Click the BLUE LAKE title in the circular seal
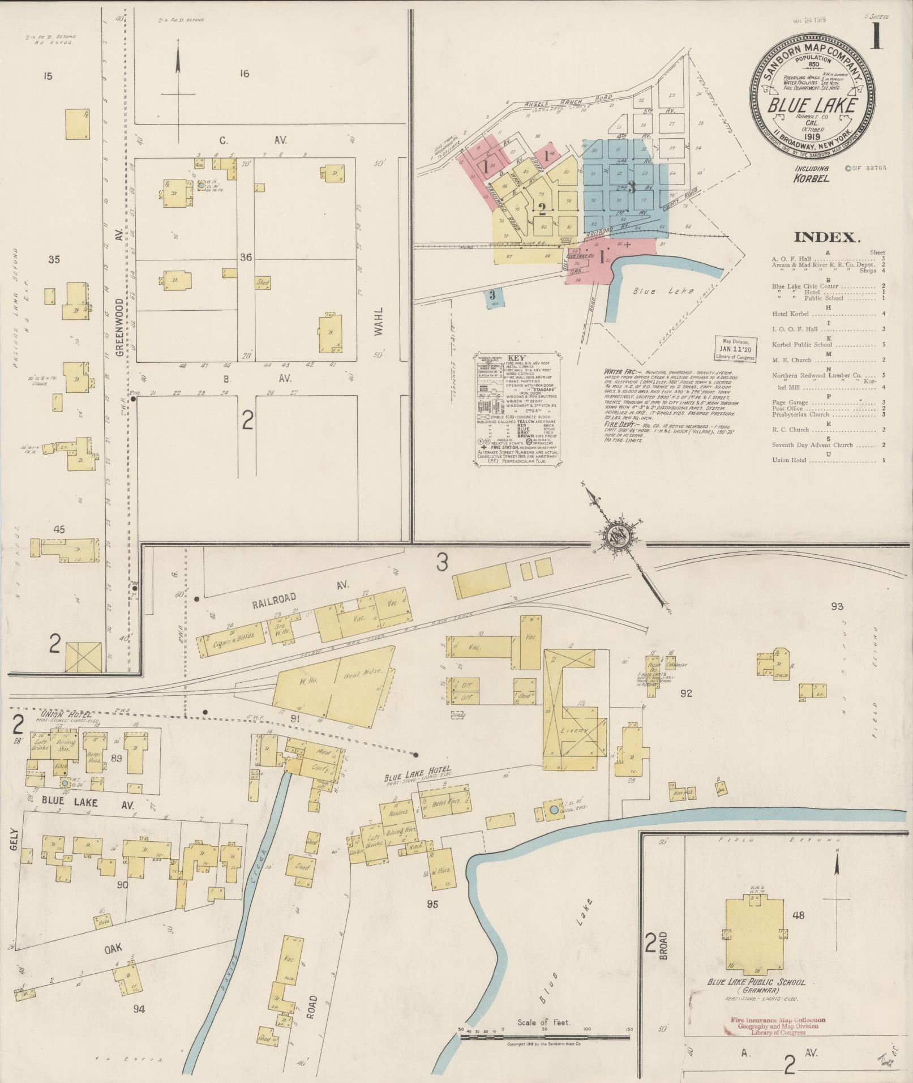(812, 105)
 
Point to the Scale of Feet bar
(544, 1037)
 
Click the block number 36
(246, 258)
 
